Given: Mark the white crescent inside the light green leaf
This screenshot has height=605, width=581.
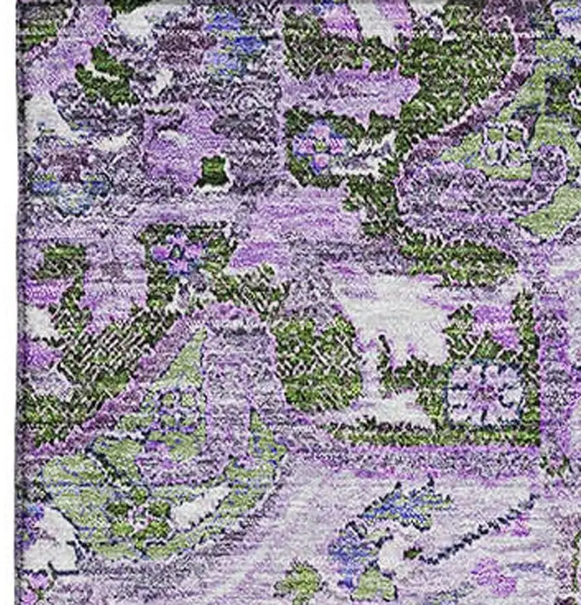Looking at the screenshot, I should pos(205,499).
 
